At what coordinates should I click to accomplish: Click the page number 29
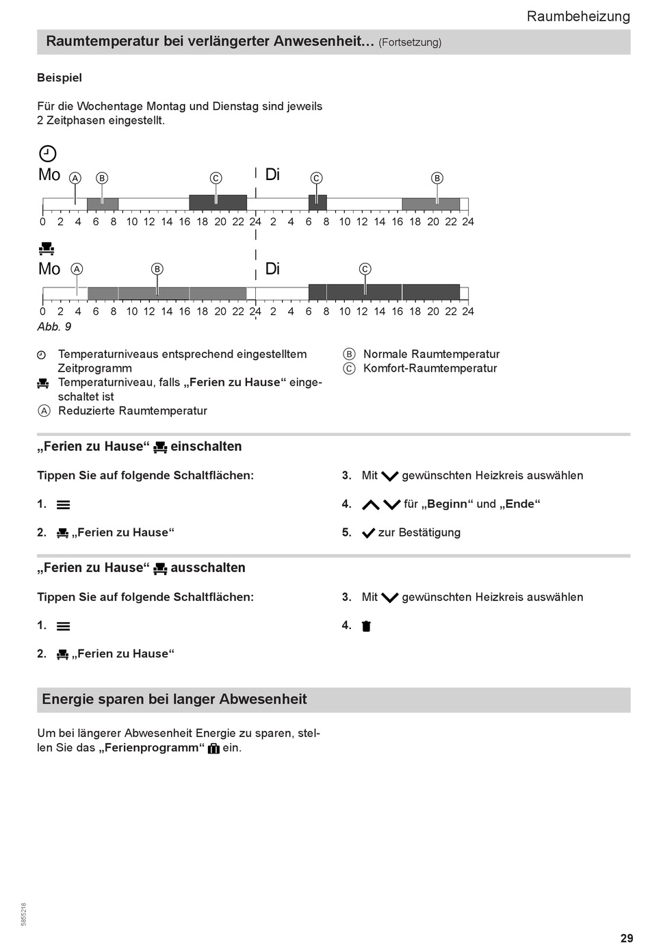627,938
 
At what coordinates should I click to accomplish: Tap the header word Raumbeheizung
578,16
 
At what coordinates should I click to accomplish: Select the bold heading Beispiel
60,78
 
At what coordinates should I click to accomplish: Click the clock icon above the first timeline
47,153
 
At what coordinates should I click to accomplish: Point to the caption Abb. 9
54,326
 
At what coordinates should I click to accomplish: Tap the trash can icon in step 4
366,625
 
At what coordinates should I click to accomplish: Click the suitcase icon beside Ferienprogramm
213,748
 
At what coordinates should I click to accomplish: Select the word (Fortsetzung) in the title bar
410,42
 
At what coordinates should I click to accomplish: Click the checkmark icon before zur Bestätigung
368,533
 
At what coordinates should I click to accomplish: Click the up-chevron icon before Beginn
370,505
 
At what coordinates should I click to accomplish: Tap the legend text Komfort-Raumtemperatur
430,368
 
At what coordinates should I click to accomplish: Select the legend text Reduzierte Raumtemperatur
133,411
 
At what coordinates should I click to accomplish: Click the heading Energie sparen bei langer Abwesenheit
174,699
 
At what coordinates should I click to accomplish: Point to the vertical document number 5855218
25,914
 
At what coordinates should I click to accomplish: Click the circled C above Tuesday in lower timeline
365,269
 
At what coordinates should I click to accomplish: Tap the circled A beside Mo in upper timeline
75,178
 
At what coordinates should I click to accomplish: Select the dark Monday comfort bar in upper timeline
218,203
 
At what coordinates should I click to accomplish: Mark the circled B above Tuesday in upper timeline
437,178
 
